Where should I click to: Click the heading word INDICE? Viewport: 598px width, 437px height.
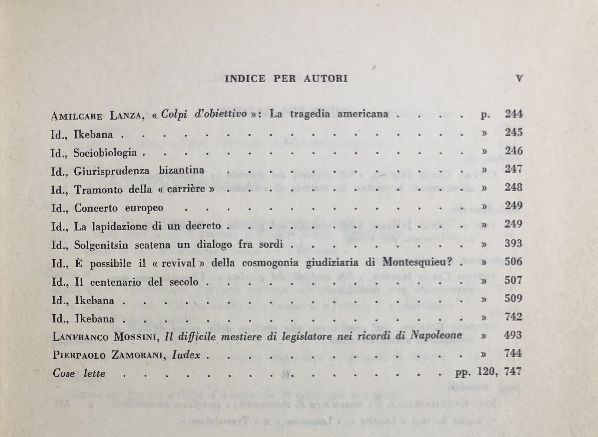point(245,79)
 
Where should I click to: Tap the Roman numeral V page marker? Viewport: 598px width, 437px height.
point(519,79)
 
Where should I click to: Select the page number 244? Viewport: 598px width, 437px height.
point(514,114)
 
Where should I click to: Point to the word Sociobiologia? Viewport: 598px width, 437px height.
point(105,153)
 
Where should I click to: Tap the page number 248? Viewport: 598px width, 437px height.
point(513,188)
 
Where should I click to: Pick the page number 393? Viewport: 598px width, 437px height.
point(513,243)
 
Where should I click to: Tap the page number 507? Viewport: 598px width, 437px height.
point(513,280)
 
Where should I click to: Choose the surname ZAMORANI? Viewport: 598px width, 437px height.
point(141,355)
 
